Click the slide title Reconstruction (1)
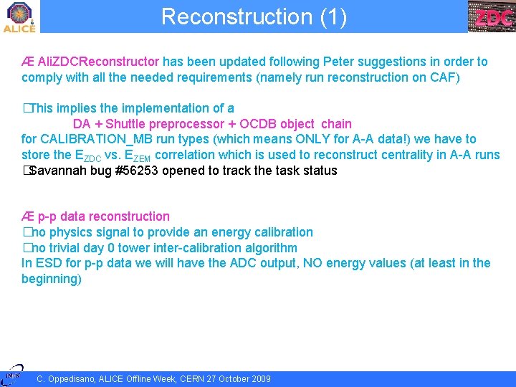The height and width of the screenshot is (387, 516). (254, 16)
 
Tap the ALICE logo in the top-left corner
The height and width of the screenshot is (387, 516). (19, 16)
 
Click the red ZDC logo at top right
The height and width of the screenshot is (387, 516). (492, 17)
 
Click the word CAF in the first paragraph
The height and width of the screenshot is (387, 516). (444, 77)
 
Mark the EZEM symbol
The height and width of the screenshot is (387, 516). (138, 156)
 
